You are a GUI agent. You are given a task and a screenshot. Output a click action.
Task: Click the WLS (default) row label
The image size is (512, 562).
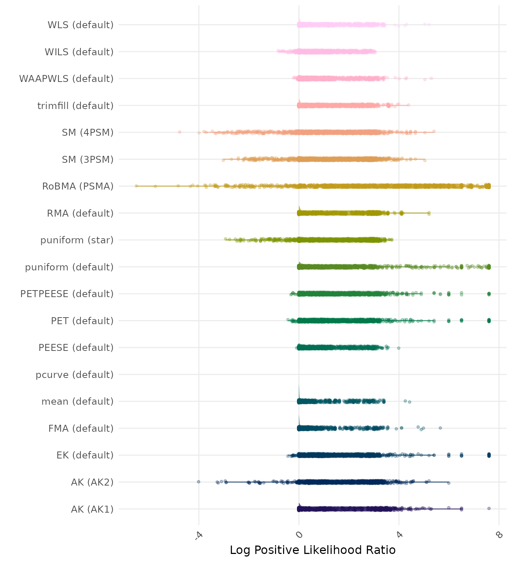coord(80,25)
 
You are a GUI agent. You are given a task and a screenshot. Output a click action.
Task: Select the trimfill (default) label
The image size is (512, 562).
coord(75,106)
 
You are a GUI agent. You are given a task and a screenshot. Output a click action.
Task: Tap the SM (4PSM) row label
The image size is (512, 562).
coord(88,132)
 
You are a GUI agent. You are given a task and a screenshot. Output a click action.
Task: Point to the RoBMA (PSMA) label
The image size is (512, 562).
coord(78,186)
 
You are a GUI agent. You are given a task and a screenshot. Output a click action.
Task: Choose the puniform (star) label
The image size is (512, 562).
coord(77,240)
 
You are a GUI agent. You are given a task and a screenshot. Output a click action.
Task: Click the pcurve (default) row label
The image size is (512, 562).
coord(75,375)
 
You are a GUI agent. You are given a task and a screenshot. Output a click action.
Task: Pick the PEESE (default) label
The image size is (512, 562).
coord(76,348)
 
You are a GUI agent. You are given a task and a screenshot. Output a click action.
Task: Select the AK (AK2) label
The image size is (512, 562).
coord(92,482)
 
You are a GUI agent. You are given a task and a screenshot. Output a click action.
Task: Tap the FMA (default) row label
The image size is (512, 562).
coord(81,428)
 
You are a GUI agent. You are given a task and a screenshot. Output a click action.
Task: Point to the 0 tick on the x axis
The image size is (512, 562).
coord(299,535)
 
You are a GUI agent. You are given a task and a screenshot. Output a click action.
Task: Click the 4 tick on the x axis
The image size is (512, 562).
coord(399,535)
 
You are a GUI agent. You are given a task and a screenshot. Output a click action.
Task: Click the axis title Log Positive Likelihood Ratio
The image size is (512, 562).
coord(313,550)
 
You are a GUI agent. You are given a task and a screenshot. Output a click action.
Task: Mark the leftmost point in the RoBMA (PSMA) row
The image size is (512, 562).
coord(136,186)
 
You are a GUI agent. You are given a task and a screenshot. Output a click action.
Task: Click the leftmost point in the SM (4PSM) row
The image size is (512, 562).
coord(180,132)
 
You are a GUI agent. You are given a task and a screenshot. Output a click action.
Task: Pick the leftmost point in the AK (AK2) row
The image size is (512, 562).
coord(199,482)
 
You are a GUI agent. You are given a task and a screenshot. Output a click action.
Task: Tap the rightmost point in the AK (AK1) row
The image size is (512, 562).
coord(489,508)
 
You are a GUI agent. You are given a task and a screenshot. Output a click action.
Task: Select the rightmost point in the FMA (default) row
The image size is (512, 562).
coord(440,428)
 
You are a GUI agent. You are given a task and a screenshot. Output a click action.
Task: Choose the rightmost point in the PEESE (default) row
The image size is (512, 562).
coord(399,348)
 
